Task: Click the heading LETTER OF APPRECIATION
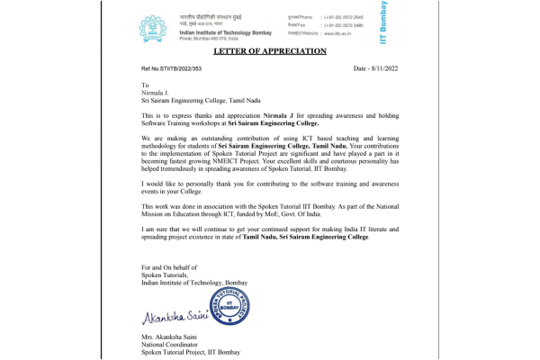coord(269,51)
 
